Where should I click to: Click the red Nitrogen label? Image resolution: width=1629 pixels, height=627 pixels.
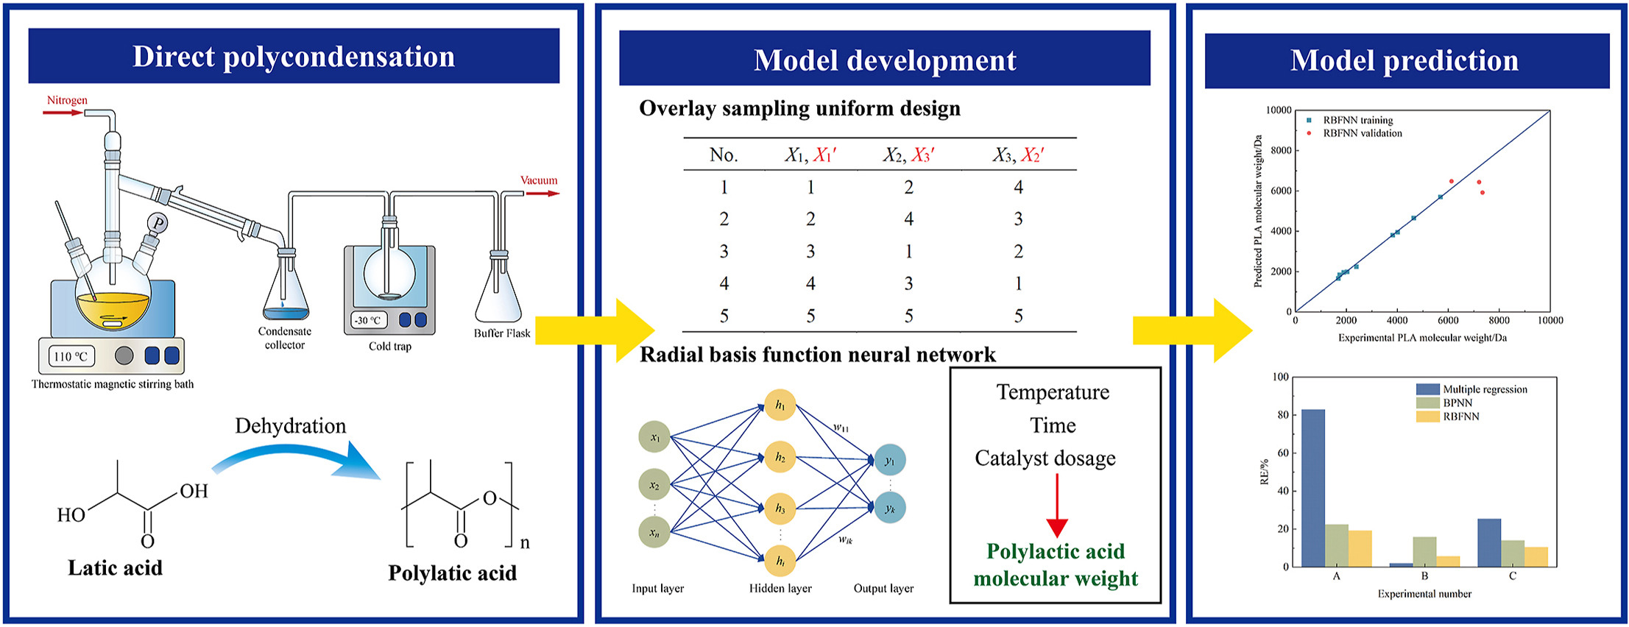click(x=67, y=100)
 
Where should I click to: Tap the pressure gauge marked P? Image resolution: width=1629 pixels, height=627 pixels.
click(x=158, y=222)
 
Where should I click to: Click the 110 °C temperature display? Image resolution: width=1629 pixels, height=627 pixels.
click(x=71, y=357)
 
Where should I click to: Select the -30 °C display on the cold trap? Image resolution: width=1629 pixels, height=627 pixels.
click(x=368, y=321)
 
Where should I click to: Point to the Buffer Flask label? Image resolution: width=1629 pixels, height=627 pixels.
click(x=502, y=333)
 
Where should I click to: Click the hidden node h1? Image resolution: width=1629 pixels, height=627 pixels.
click(x=780, y=405)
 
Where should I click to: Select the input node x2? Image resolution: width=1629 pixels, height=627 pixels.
click(x=654, y=485)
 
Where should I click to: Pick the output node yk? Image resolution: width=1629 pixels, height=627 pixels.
click(x=890, y=508)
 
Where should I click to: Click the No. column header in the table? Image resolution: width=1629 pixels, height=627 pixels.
click(x=724, y=155)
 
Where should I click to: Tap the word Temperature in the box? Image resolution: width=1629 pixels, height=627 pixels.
click(x=1053, y=392)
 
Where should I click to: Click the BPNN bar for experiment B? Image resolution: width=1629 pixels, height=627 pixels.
click(x=1424, y=552)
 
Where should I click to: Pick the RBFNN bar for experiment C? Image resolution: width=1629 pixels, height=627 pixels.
click(x=1536, y=556)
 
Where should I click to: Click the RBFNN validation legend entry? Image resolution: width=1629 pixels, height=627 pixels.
click(x=1362, y=133)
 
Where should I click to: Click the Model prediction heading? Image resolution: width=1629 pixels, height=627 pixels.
click(x=1404, y=60)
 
